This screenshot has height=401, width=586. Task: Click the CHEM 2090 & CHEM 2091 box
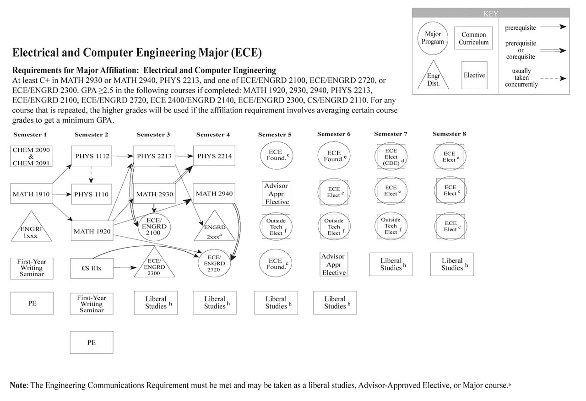tap(32, 156)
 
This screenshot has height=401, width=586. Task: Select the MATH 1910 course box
tap(32, 194)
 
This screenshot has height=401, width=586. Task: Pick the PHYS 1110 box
tap(92, 194)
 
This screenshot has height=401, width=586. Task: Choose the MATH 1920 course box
tap(92, 231)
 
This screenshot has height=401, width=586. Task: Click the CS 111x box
tap(92, 268)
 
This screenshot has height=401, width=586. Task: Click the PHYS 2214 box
tap(214, 156)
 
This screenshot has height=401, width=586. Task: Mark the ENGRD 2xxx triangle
tap(214, 229)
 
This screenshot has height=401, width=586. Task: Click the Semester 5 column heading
tap(275, 135)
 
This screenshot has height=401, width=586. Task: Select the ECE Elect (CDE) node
tap(391, 157)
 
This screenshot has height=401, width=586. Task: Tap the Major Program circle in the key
tap(433, 38)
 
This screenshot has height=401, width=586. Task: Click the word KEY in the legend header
tap(491, 14)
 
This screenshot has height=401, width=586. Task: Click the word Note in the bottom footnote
tap(18, 385)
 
